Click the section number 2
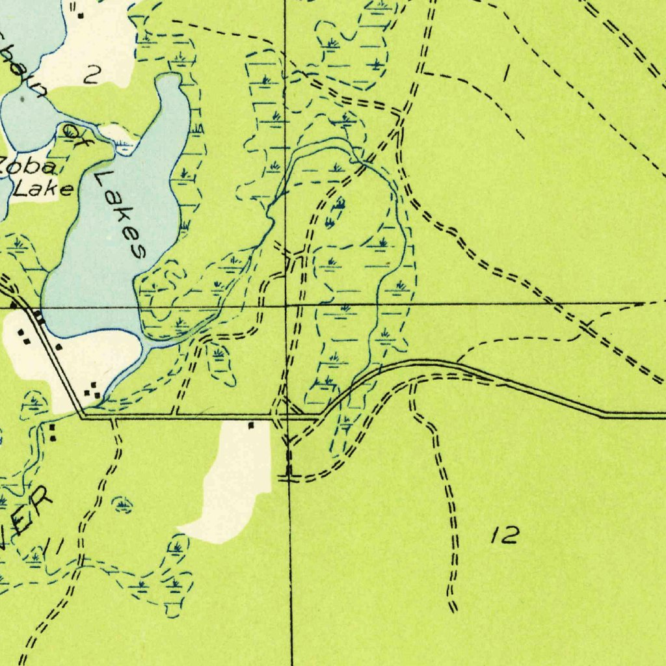click(91, 77)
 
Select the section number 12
click(505, 535)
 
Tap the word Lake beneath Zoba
click(44, 189)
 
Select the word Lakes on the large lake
click(120, 214)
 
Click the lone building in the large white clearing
click(250, 425)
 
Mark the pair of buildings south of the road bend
click(52, 433)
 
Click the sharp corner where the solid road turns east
click(82, 416)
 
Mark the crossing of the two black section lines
click(287, 304)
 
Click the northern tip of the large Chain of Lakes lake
click(171, 77)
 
